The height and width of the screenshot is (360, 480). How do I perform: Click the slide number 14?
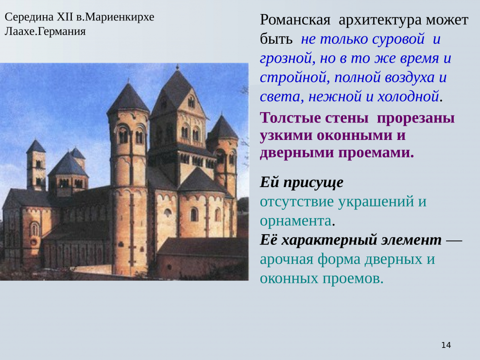[x=446, y=345]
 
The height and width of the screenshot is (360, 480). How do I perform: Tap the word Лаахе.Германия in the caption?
[x=45, y=32]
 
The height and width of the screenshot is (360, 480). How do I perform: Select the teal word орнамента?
[x=295, y=221]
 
